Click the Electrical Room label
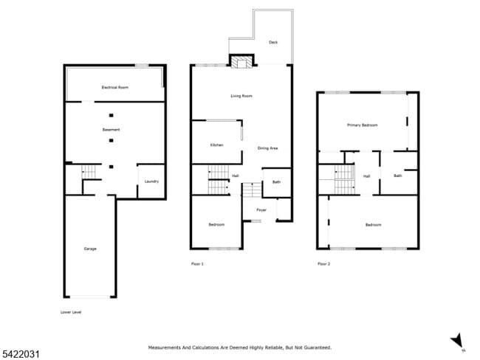click(x=114, y=88)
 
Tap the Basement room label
click(x=111, y=130)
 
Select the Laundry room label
click(x=151, y=181)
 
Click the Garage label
click(x=90, y=249)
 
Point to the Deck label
click(x=273, y=42)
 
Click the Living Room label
click(x=242, y=96)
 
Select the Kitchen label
click(x=216, y=145)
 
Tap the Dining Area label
click(x=267, y=148)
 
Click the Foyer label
click(x=261, y=210)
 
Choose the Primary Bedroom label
click(x=362, y=125)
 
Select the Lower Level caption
click(x=71, y=312)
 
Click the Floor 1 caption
click(x=197, y=263)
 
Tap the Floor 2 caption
click(x=323, y=263)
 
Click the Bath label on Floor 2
click(x=397, y=176)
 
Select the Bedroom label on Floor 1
click(x=216, y=224)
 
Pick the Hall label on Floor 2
click(x=366, y=176)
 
